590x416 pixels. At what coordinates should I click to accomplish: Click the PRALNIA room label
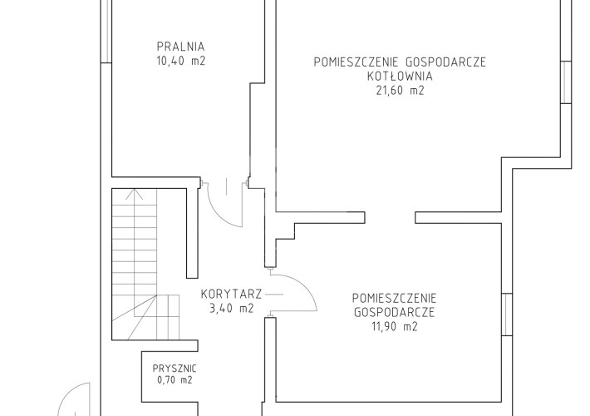point(180,47)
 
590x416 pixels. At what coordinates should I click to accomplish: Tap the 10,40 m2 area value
point(181,61)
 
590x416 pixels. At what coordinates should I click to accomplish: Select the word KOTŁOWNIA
point(400,76)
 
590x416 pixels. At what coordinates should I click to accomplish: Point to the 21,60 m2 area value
point(400,91)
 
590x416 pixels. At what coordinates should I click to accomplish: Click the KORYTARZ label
point(231,294)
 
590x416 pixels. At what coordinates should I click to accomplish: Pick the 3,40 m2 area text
point(231,308)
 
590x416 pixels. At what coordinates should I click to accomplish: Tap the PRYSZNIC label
point(175,368)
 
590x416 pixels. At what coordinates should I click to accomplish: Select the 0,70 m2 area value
point(175,380)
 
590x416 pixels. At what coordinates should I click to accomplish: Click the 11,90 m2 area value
point(395,326)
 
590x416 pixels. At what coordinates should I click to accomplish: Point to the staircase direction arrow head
point(135,194)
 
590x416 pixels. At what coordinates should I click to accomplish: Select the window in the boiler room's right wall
point(566,82)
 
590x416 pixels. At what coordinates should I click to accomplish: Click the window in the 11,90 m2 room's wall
point(507,314)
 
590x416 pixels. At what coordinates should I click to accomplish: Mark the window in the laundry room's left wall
point(106,32)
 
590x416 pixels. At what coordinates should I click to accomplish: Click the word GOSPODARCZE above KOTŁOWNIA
point(445,62)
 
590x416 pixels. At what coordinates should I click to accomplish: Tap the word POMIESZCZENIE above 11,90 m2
point(395,298)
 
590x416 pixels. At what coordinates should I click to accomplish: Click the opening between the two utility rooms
point(390,218)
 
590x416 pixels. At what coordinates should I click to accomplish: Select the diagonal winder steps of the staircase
point(145,317)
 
